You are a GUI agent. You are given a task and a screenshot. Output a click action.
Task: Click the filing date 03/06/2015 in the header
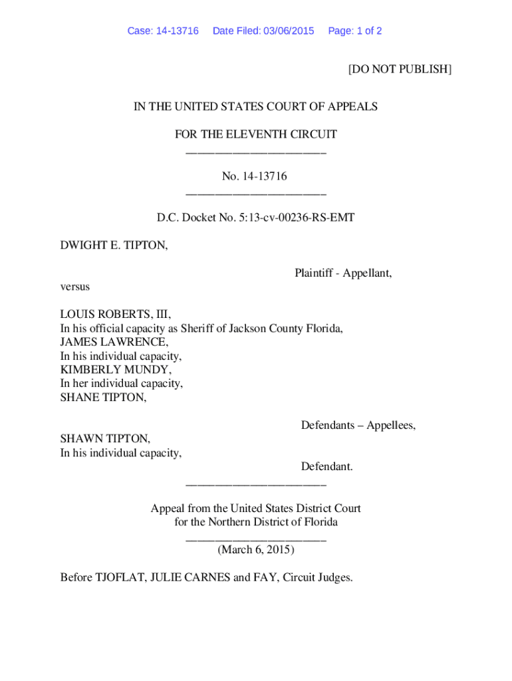[287, 31]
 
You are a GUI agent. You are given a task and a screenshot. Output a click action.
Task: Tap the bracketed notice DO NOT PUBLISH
[400, 69]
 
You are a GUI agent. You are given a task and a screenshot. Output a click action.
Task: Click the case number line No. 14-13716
[255, 176]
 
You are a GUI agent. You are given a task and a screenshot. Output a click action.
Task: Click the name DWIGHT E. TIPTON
[114, 245]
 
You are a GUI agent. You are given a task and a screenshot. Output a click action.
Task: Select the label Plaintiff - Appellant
[343, 273]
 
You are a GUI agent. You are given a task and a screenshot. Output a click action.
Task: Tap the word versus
[75, 287]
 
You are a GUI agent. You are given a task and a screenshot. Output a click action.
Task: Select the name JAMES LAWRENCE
[114, 342]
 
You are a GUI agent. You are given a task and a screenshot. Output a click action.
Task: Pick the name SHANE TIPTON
[103, 397]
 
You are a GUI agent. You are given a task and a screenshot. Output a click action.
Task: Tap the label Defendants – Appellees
[358, 425]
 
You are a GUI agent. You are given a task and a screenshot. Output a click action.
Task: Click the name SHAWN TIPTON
[105, 439]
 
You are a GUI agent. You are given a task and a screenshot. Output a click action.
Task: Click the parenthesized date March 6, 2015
[256, 550]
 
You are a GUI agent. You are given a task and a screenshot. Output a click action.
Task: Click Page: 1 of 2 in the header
[355, 31]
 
